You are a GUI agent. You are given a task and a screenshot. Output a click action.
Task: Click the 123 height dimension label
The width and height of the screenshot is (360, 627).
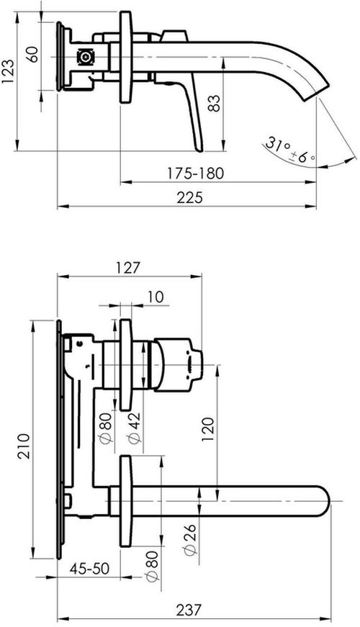tap(9, 72)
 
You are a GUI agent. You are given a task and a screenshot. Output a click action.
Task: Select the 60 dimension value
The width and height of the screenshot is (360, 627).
tap(34, 54)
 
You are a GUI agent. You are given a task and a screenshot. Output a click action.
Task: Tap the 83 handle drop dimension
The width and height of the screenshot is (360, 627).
tap(214, 103)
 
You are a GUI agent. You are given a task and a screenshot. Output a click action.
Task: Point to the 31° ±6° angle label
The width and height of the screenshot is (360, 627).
tap(289, 150)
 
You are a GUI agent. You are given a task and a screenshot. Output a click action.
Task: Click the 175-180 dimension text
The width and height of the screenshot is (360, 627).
tap(196, 173)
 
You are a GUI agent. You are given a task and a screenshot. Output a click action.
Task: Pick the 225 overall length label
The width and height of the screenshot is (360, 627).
tap(190, 197)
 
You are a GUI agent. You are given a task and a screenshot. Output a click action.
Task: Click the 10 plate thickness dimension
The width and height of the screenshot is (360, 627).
tap(156, 297)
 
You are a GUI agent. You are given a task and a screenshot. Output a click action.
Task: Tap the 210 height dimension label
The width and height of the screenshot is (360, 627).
tap(24, 446)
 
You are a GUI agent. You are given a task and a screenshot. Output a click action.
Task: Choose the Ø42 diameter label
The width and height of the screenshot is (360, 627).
tap(135, 427)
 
